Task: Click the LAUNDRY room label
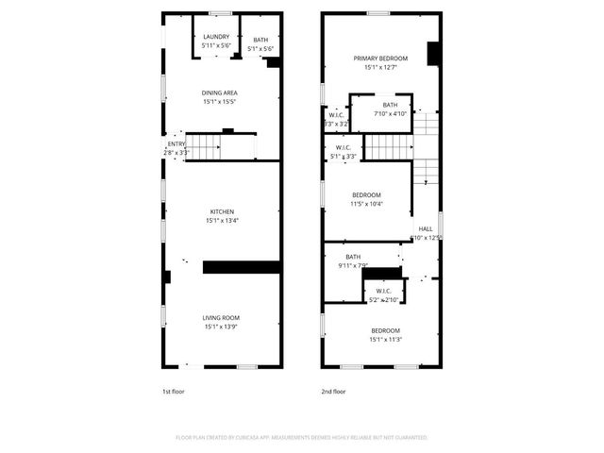point(215,37)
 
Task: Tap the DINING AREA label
point(219,92)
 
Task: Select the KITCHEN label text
point(222,211)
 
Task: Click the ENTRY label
point(176,143)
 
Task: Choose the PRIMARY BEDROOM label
point(375,58)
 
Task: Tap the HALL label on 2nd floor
point(426,229)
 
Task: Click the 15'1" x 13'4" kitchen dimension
point(222,221)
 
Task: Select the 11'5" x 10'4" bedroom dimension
point(366,204)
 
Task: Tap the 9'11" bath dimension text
point(353,266)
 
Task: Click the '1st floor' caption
point(174,391)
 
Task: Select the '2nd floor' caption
point(334,391)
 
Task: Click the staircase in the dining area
point(202,146)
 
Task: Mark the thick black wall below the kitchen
point(241,267)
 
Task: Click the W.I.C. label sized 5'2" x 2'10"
point(384,291)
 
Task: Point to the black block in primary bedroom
point(433,54)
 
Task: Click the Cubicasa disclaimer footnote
point(301,438)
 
